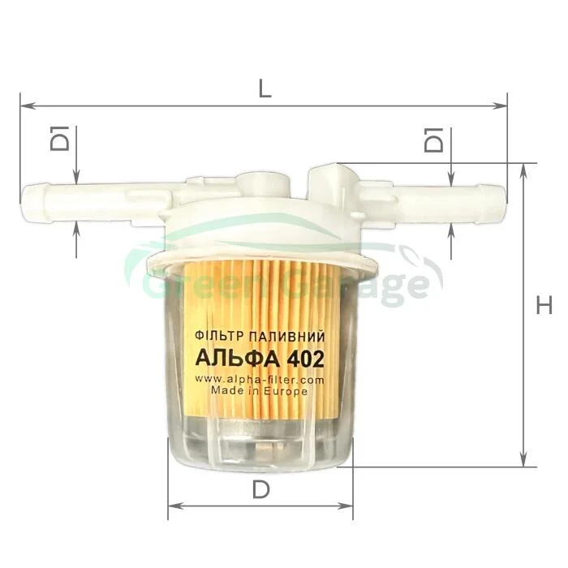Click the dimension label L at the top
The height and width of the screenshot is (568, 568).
265,87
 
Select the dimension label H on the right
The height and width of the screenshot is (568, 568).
544,305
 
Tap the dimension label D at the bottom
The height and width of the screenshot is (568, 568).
260,490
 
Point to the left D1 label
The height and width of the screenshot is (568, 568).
59,138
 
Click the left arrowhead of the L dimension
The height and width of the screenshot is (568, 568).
28,105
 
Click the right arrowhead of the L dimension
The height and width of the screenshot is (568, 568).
500,105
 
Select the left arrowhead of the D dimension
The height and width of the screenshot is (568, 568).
176,506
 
